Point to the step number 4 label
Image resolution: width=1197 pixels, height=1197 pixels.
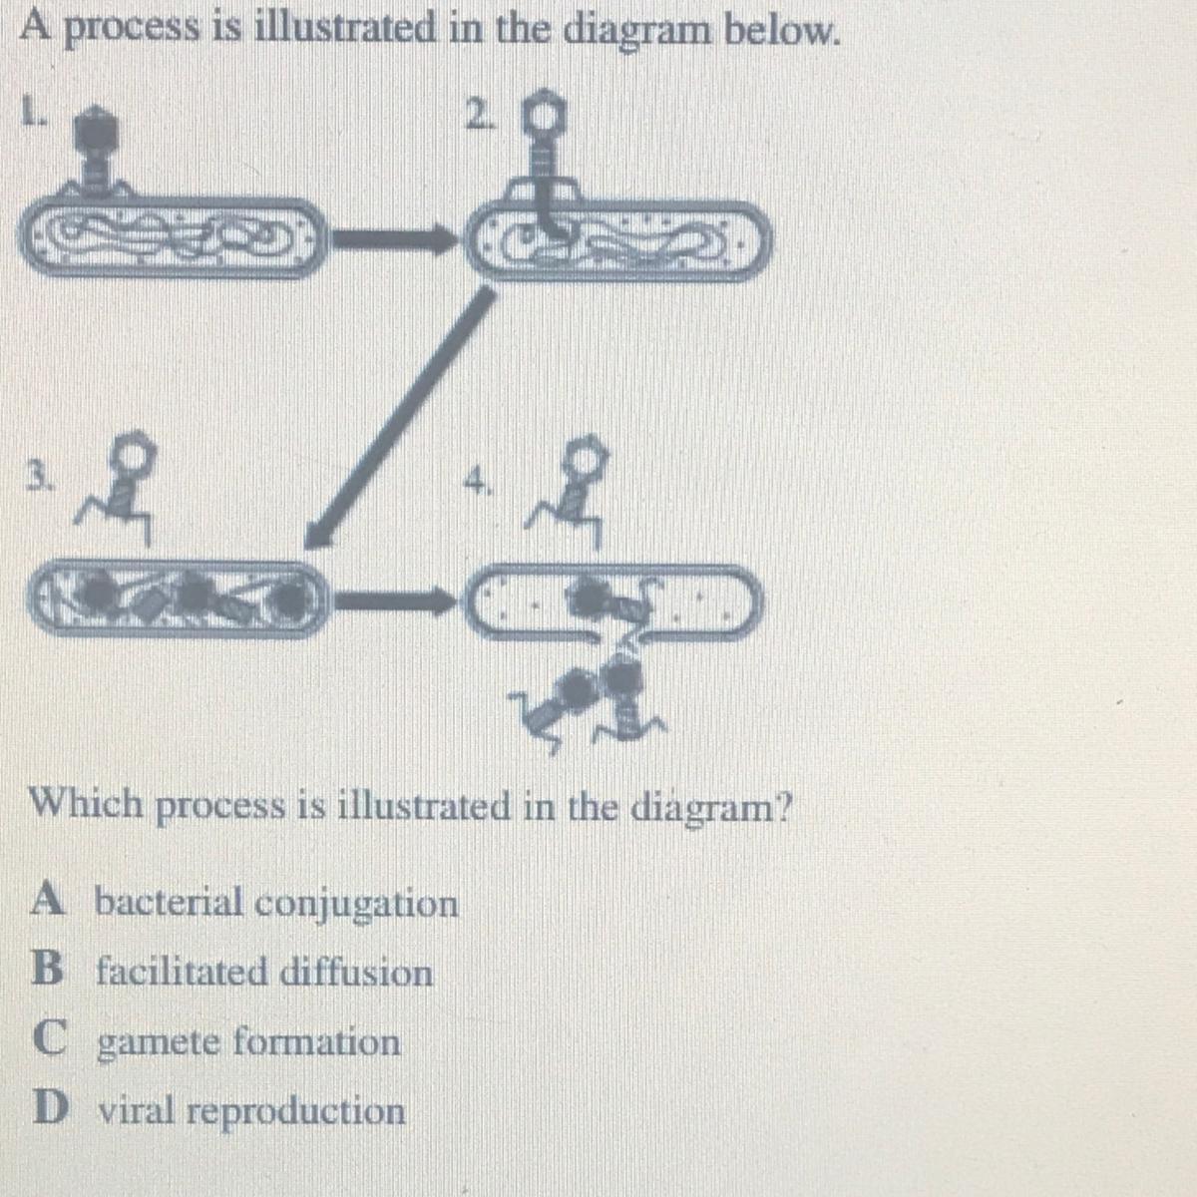(x=479, y=480)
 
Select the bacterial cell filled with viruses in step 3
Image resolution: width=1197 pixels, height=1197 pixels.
(x=177, y=598)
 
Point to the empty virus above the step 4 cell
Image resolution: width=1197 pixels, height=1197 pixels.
(x=571, y=491)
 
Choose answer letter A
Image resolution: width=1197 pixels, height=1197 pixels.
(x=47, y=899)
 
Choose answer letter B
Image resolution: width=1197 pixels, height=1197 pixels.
(x=47, y=970)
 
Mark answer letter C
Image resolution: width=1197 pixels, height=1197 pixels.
(x=49, y=1038)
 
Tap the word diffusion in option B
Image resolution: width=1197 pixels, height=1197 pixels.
(x=356, y=973)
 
